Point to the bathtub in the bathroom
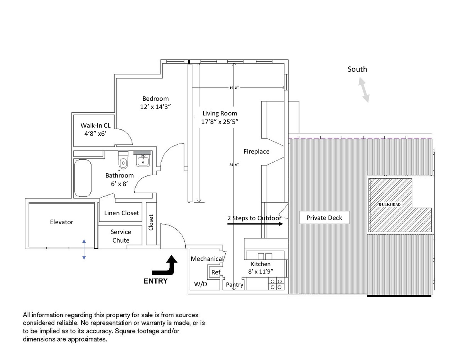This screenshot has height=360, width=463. tap(83, 178)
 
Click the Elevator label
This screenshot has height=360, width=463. tap(62, 222)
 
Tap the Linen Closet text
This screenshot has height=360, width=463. tap(122, 213)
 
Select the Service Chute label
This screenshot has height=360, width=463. tap(121, 236)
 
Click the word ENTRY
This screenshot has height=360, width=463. tap(155, 281)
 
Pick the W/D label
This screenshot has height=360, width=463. tap(200, 284)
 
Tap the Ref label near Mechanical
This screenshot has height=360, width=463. tap(216, 272)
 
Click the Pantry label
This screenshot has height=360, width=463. tap(235, 285)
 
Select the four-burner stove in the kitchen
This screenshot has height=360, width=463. tap(276, 284)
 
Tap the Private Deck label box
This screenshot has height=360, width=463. tap(324, 218)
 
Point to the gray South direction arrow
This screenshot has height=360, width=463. tap(363, 90)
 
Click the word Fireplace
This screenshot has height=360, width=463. tap(256, 152)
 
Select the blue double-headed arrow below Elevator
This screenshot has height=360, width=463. tap(84, 249)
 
